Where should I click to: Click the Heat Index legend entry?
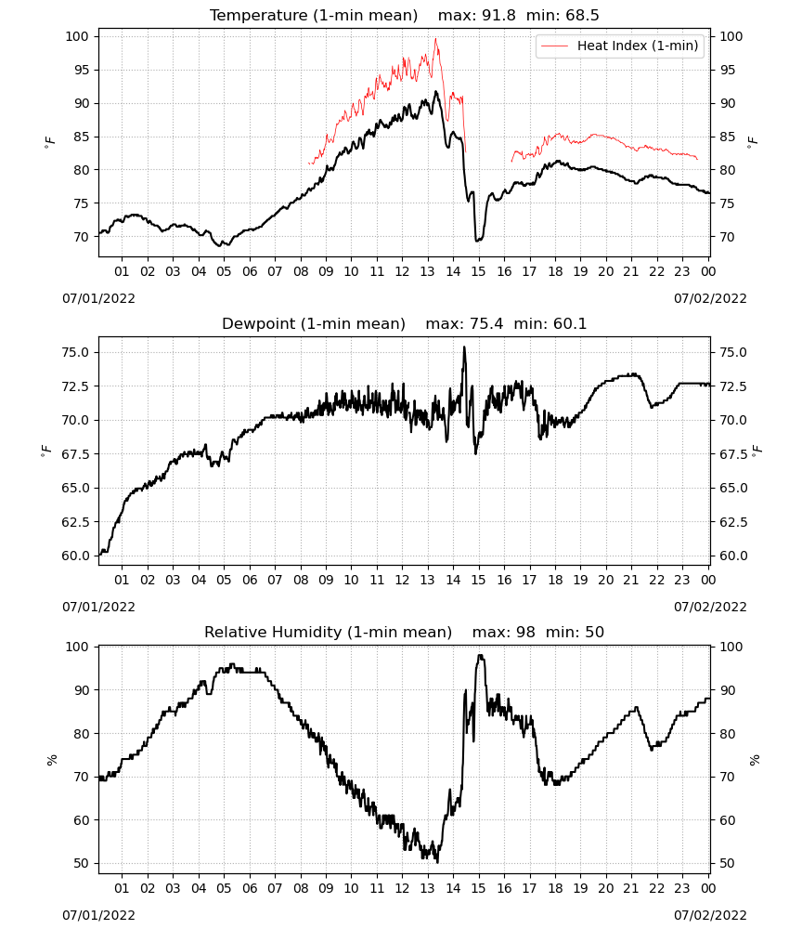pos(620,46)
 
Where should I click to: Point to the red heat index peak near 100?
pos(435,39)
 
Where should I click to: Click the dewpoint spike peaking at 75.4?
pos(464,347)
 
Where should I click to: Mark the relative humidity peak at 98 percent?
pos(481,655)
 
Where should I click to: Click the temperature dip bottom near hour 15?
pos(478,240)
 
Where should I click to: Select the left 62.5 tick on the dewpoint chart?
pos(77,522)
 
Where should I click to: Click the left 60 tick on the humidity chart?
pos(82,820)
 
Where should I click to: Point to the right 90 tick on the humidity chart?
pos(728,690)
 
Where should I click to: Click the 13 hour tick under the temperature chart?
pos(427,271)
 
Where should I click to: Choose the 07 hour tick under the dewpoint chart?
pos(275,580)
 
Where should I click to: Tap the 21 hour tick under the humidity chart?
pos(631,888)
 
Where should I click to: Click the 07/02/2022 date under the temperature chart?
pos(710,298)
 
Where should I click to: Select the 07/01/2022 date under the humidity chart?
pos(98,915)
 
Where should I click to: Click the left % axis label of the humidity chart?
pos(52,760)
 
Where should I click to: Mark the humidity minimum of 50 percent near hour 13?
pos(437,861)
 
